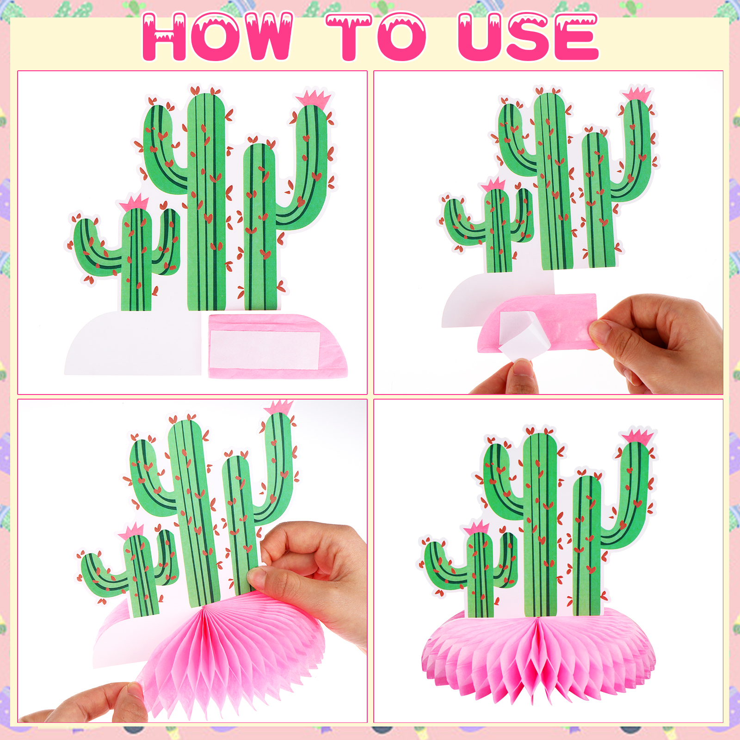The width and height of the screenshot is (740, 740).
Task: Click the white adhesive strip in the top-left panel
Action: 265,350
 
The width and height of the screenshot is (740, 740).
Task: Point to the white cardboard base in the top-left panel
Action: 134,342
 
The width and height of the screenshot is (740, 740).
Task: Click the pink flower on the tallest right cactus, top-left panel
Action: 314,98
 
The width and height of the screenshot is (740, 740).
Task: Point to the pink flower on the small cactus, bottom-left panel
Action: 131,531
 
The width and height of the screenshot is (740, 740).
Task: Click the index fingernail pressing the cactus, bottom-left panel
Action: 255,576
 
